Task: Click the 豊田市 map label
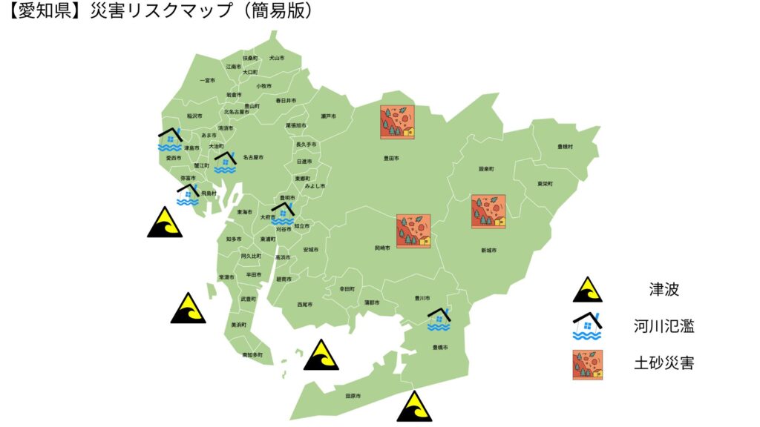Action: point(391,158)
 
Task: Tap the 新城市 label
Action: point(488,251)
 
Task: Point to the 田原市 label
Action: point(353,396)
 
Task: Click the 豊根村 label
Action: point(566,147)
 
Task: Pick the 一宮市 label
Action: point(208,80)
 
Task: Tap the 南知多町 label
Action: point(252,355)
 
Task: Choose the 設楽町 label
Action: point(486,169)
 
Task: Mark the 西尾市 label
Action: point(304,305)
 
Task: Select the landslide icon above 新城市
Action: point(488,211)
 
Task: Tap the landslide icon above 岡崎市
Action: point(413,231)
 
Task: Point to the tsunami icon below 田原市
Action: point(414,406)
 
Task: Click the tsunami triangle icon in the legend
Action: point(587,290)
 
